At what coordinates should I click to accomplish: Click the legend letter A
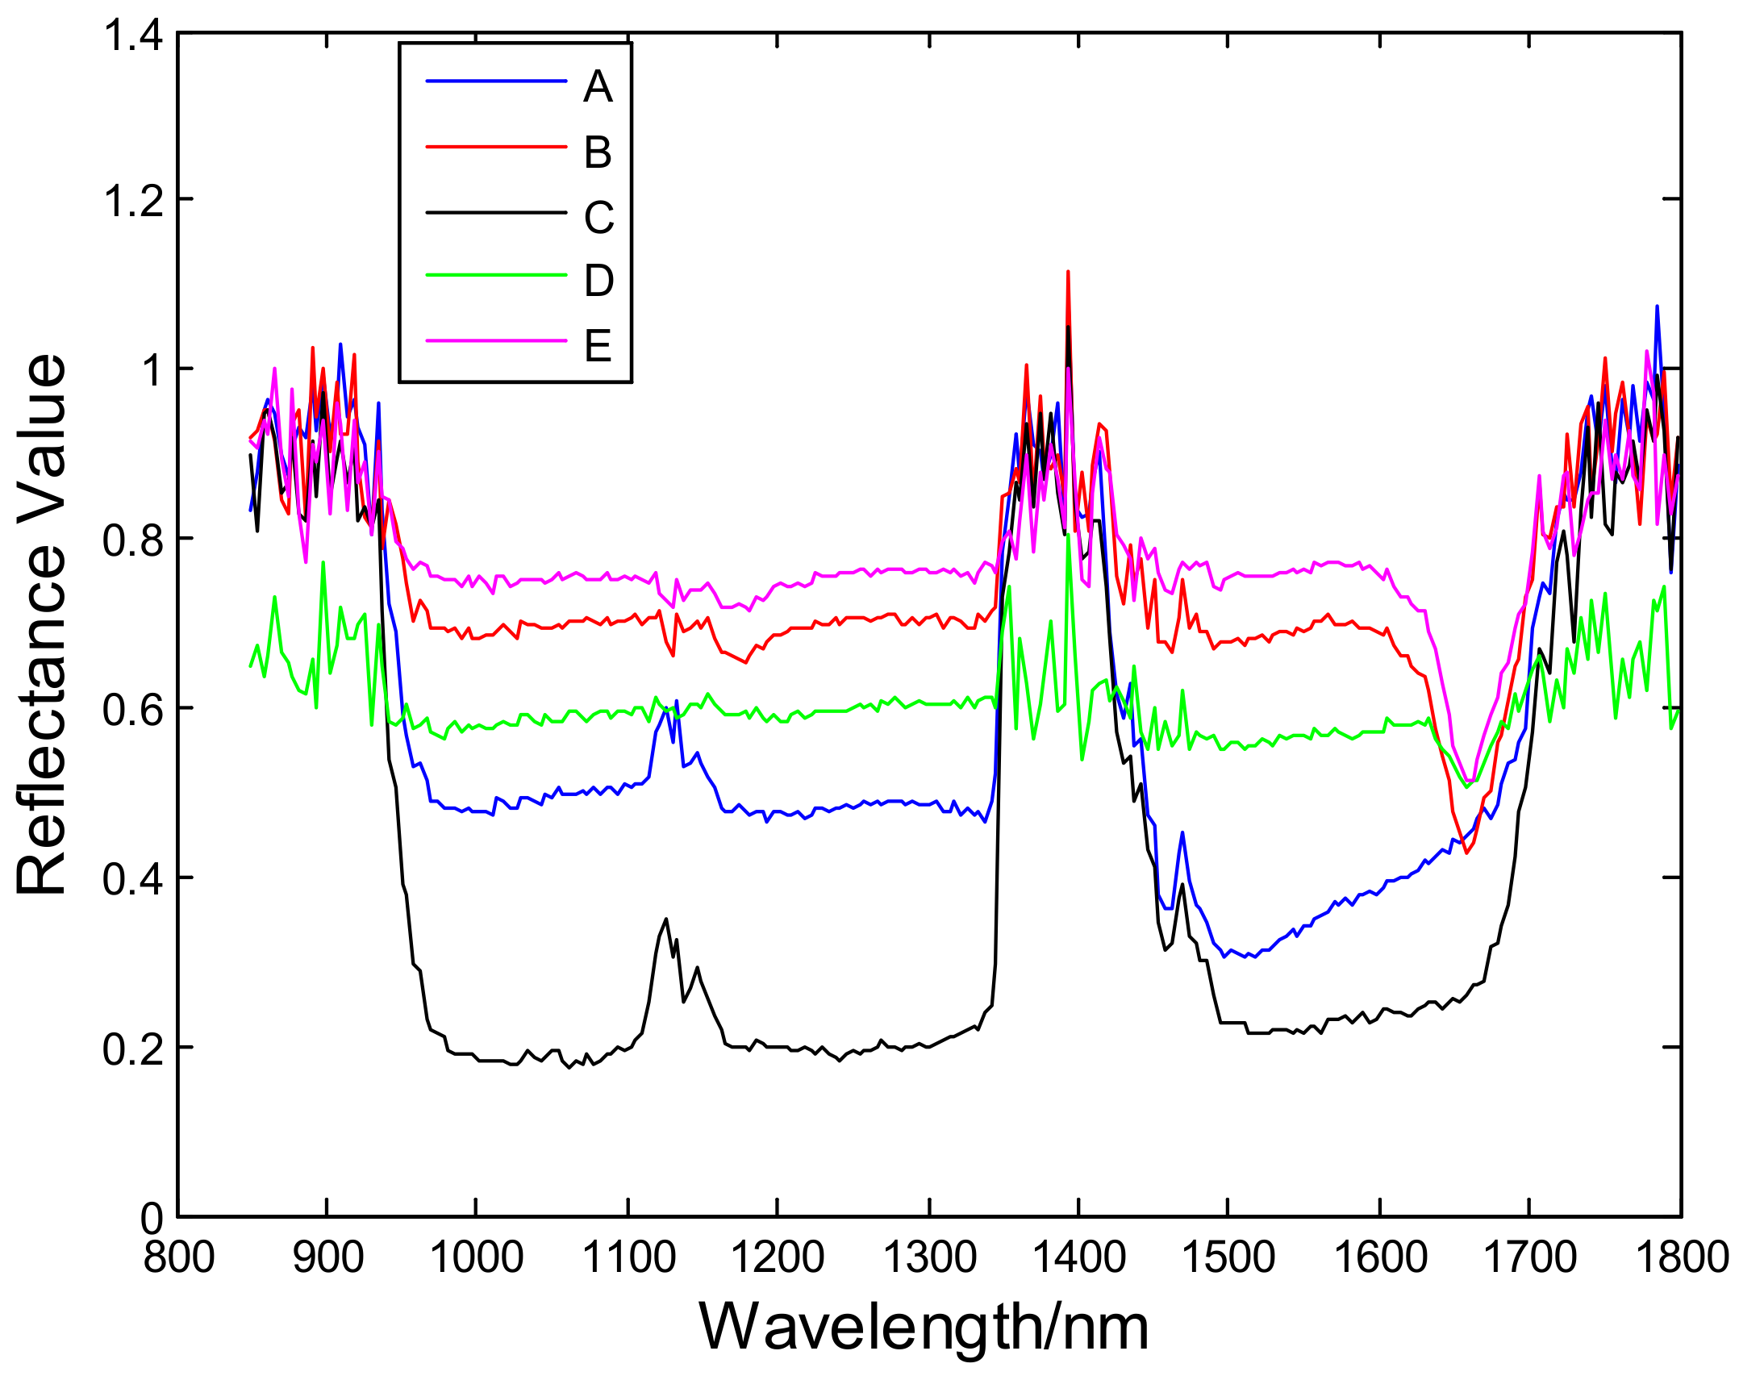click(598, 86)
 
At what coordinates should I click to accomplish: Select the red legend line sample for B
click(495, 147)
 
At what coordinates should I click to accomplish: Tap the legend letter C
click(598, 217)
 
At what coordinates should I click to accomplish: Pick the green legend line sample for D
click(495, 275)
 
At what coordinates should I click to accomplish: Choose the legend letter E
click(598, 345)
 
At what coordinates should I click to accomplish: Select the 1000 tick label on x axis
click(477, 1257)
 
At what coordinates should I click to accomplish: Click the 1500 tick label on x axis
click(1228, 1257)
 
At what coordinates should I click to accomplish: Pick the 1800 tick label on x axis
click(1681, 1257)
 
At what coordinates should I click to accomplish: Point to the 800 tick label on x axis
click(179, 1257)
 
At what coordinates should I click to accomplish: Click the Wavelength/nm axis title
click(924, 1328)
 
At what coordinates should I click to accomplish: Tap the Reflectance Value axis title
click(42, 625)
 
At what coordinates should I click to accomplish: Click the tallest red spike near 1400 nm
click(1068, 273)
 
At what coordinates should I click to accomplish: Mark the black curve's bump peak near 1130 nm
click(665, 919)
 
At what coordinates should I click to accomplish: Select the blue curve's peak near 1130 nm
click(676, 702)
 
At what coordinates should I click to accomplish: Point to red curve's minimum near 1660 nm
click(1466, 853)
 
